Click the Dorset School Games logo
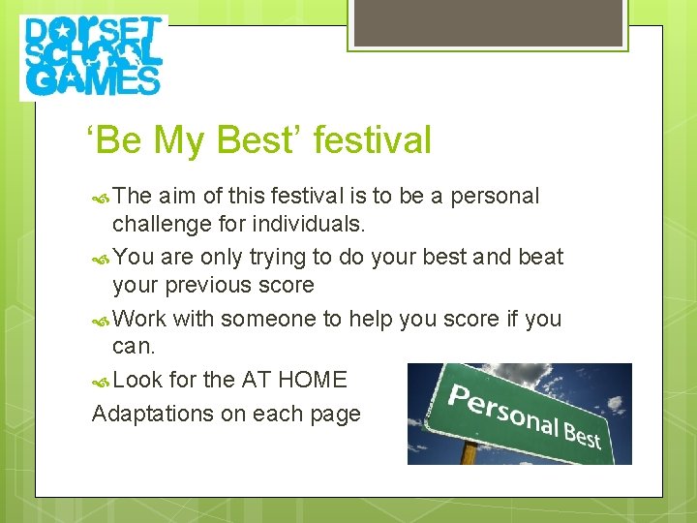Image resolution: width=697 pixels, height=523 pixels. coord(93,57)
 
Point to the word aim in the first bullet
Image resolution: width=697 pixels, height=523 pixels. coord(176,197)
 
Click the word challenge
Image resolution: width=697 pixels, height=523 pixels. coord(160,226)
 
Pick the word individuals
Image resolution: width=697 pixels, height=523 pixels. coord(308,226)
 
